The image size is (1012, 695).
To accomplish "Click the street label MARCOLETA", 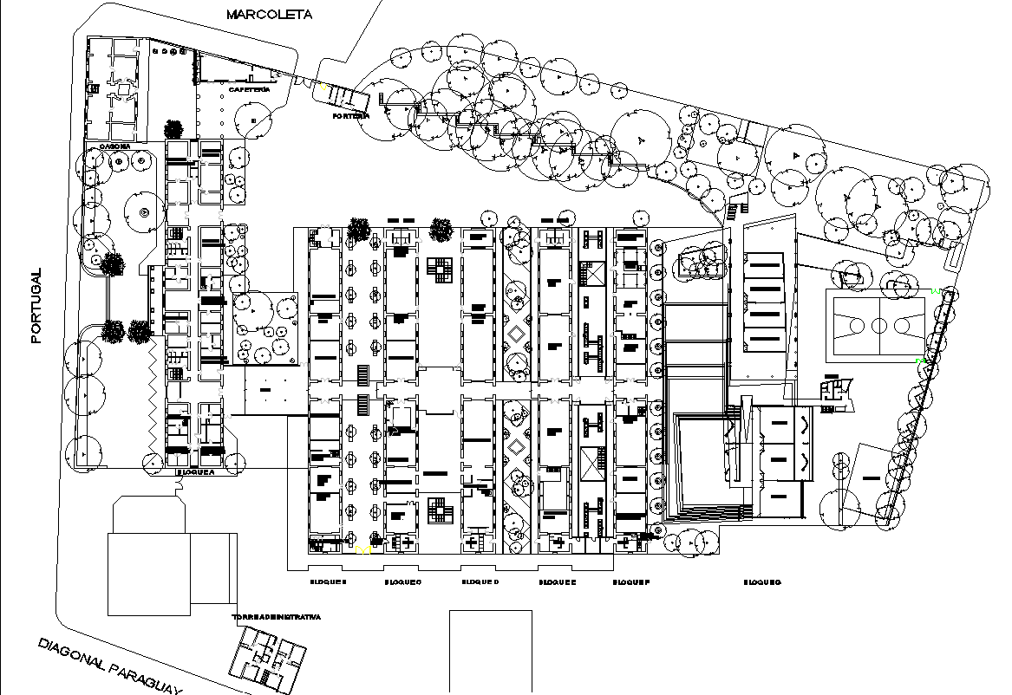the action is coord(268,14).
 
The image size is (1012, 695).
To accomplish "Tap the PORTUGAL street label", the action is coord(36,305).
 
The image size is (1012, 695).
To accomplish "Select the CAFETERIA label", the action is coord(250,89).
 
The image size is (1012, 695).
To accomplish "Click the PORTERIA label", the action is coord(351,115).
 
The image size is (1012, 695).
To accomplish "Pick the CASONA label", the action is coord(114,146).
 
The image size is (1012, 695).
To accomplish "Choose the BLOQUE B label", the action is coord(329,582).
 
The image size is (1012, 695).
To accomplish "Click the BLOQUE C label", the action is coord(403,582).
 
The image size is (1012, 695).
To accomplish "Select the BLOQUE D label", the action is coord(480,582).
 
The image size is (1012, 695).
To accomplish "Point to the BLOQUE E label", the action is coord(556,582).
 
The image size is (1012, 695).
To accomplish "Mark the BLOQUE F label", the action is coord(631,582).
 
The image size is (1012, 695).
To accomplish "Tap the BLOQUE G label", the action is coord(762,582).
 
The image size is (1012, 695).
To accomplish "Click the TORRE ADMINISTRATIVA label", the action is coord(277,617).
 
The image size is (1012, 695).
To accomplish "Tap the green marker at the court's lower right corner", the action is coord(924,358).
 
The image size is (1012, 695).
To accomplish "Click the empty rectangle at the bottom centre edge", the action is coord(491,651).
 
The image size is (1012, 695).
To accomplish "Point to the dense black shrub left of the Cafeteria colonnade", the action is coord(173,129).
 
